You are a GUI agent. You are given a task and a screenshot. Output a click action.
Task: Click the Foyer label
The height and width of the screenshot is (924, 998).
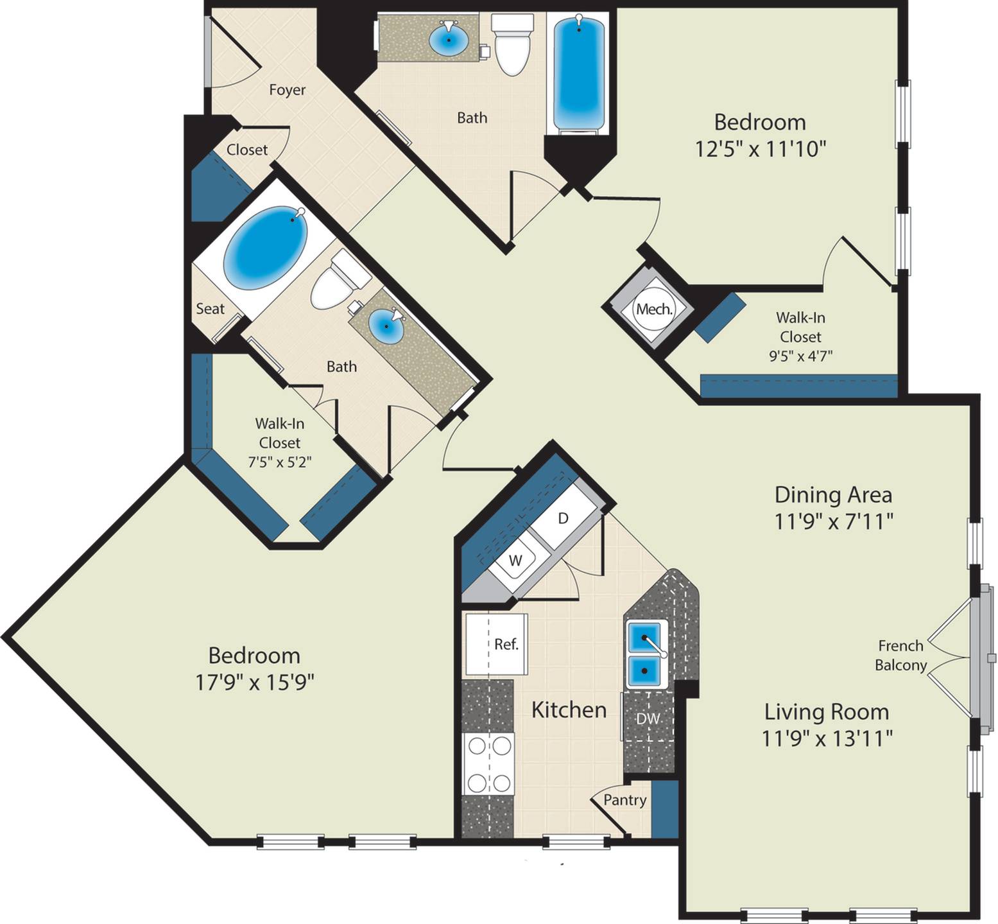tap(287, 90)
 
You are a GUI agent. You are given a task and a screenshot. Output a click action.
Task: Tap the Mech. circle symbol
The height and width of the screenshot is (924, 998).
tap(654, 309)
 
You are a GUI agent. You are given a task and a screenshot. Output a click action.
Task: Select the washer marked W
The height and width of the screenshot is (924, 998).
tap(515, 560)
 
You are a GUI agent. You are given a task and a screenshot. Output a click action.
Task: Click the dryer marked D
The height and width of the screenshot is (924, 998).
tap(563, 518)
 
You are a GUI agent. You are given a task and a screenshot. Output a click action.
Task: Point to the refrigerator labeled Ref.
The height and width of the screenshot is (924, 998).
tap(497, 644)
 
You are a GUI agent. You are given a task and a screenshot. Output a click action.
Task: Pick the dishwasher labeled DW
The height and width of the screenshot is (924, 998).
tap(648, 718)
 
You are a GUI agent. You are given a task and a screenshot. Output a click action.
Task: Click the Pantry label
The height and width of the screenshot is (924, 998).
tap(624, 800)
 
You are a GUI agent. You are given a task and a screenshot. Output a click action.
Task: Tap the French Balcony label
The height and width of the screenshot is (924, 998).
tap(901, 655)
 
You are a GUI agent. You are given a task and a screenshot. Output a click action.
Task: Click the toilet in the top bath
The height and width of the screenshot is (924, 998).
tap(512, 44)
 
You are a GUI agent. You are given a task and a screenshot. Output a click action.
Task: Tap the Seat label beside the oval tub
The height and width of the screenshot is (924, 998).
tap(210, 309)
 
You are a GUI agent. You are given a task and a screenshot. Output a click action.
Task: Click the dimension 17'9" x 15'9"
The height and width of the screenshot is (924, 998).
tap(255, 681)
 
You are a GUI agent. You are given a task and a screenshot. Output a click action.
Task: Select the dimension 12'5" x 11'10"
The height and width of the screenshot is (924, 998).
tap(760, 149)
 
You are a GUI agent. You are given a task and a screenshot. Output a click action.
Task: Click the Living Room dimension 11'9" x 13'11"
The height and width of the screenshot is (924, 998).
tap(827, 738)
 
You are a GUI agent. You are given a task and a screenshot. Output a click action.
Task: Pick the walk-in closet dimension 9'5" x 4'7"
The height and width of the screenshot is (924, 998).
tap(801, 356)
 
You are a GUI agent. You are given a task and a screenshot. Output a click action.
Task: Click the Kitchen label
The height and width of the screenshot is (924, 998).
tap(569, 710)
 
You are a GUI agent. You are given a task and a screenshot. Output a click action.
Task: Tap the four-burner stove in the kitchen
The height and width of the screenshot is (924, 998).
tap(488, 764)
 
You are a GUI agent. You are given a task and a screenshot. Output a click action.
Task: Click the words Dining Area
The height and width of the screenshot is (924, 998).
tap(833, 494)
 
